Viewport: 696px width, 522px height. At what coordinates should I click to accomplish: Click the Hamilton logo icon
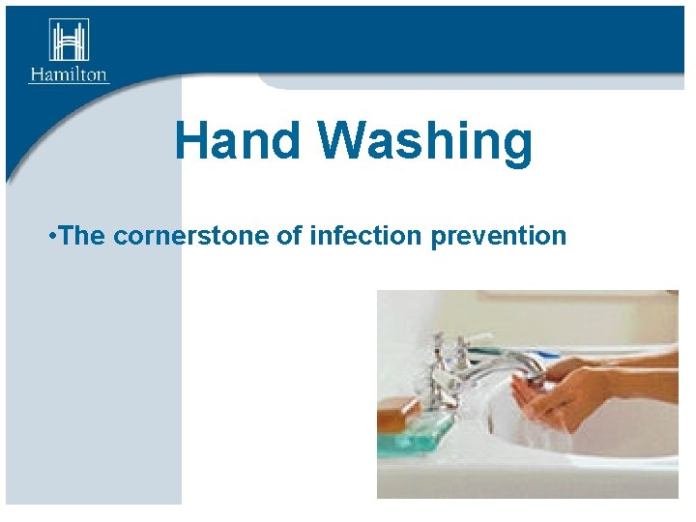pyautogui.click(x=69, y=40)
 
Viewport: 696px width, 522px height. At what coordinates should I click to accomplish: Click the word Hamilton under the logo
pyautogui.click(x=69, y=74)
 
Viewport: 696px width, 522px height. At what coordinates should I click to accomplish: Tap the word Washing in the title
pyautogui.click(x=425, y=142)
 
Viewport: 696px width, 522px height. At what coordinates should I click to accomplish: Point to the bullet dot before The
pyautogui.click(x=51, y=235)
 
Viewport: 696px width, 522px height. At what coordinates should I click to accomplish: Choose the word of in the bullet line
pyautogui.click(x=289, y=235)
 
